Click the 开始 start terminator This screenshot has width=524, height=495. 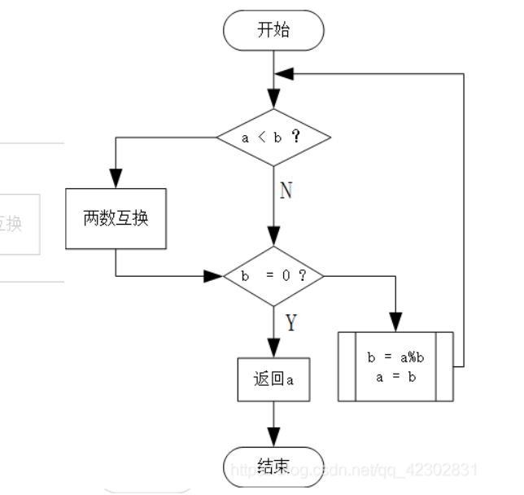pyautogui.click(x=273, y=31)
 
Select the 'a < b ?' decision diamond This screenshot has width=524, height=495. pyautogui.click(x=273, y=137)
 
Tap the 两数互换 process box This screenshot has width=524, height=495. pyautogui.click(x=116, y=218)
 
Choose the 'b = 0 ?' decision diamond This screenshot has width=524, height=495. pyautogui.click(x=273, y=276)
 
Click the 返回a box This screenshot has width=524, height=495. pyautogui.click(x=273, y=379)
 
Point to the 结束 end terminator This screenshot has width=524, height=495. pyautogui.click(x=273, y=466)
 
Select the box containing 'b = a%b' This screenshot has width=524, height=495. pyautogui.click(x=395, y=366)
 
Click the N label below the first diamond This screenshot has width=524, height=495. pyautogui.click(x=286, y=191)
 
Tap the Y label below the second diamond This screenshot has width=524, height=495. pyautogui.click(x=290, y=323)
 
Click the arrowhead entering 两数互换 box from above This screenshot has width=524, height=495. pyautogui.click(x=116, y=180)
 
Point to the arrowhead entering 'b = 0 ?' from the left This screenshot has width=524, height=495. pyautogui.click(x=214, y=276)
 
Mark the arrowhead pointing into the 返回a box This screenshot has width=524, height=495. pyautogui.click(x=273, y=349)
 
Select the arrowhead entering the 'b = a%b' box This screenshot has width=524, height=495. pyautogui.click(x=395, y=322)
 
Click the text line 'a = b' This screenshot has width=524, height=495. pyautogui.click(x=396, y=377)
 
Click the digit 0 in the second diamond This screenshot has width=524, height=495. pyautogui.click(x=286, y=276)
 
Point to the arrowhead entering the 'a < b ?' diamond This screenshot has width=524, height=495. pyautogui.click(x=273, y=101)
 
